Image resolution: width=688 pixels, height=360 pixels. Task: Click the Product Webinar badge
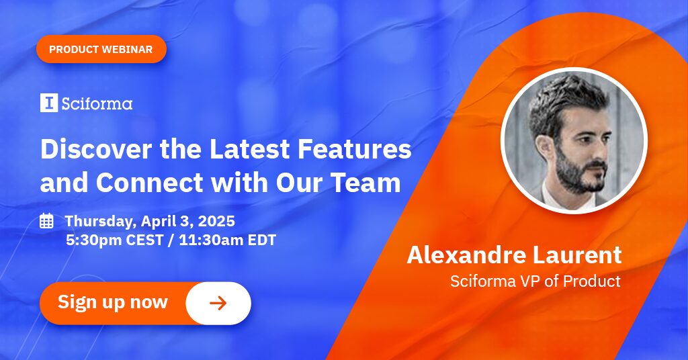pyautogui.click(x=101, y=49)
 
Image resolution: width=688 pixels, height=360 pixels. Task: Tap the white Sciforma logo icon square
pyautogui.click(x=48, y=103)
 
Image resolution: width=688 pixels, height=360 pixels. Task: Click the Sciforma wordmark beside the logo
pyautogui.click(x=97, y=103)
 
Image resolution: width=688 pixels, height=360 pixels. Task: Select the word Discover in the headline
pyautogui.click(x=95, y=148)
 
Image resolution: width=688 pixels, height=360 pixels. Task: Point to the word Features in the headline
pyautogui.click(x=355, y=148)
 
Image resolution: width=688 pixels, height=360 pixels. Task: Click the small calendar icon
pyautogui.click(x=46, y=220)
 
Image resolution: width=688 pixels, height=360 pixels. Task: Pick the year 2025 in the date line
pyautogui.click(x=216, y=221)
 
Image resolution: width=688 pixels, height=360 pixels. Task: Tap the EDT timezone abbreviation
pyautogui.click(x=262, y=240)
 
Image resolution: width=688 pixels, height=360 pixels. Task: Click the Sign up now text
pyautogui.click(x=113, y=302)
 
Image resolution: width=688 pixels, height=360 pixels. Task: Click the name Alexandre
pyautogui.click(x=466, y=255)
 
